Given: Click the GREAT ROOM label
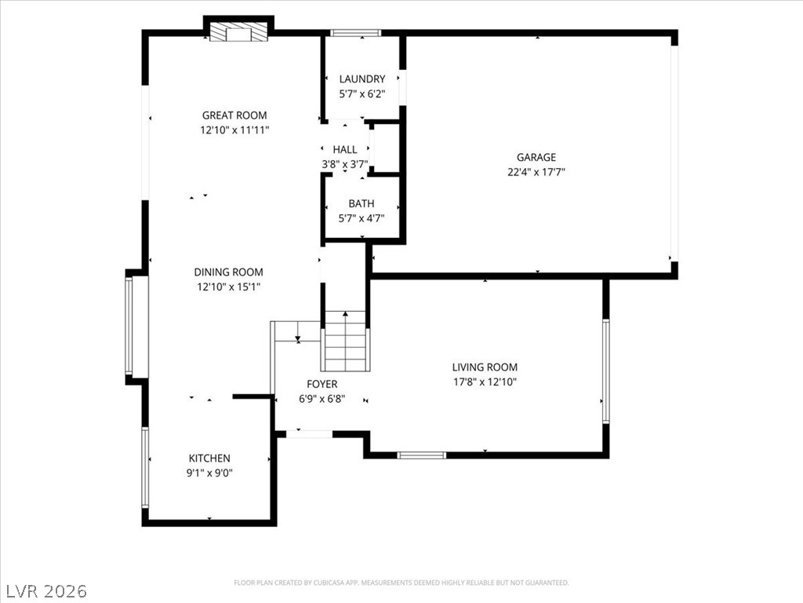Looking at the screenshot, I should click(x=234, y=115).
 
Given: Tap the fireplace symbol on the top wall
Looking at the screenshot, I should click(x=238, y=32).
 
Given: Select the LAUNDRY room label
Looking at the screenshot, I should click(x=362, y=79).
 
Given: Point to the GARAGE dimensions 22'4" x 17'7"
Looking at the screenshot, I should click(x=536, y=172).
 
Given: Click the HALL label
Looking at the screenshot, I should click(x=344, y=149).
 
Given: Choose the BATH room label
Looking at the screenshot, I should click(x=362, y=203).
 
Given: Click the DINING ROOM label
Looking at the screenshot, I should click(x=228, y=272).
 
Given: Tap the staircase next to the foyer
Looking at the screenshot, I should click(x=345, y=341).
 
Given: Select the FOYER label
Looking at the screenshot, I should click(x=322, y=384).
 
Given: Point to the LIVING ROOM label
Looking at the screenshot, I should click(x=485, y=367).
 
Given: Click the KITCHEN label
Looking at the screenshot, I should click(x=209, y=458).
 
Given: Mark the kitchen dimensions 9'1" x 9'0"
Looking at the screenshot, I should click(x=209, y=473).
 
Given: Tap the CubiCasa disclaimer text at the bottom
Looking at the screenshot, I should click(x=401, y=583).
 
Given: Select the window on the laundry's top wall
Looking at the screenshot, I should click(x=355, y=33).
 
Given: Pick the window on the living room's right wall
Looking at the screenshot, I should click(x=605, y=371).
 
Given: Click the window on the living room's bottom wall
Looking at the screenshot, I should click(x=421, y=455).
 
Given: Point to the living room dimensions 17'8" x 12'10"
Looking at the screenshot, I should click(x=485, y=382).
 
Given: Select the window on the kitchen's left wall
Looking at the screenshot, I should click(x=145, y=466).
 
